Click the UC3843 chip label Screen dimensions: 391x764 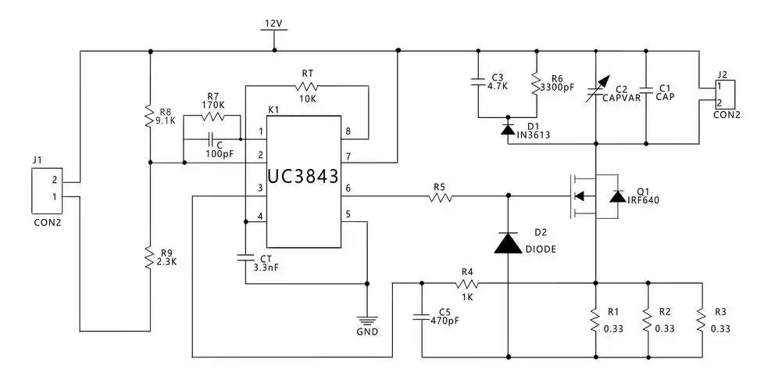(x=303, y=178)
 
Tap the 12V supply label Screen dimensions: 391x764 (x=273, y=23)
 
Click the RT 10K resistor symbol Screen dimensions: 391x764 (x=307, y=85)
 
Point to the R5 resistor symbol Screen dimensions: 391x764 (x=440, y=199)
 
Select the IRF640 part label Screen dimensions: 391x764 (x=644, y=200)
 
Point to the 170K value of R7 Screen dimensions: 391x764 (x=213, y=104)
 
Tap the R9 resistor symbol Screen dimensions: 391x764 (x=149, y=256)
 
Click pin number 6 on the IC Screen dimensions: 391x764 (x=347, y=189)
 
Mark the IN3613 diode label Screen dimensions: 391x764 (x=533, y=135)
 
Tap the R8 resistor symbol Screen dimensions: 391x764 (x=149, y=116)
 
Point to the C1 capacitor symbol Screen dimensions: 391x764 (x=646, y=88)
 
